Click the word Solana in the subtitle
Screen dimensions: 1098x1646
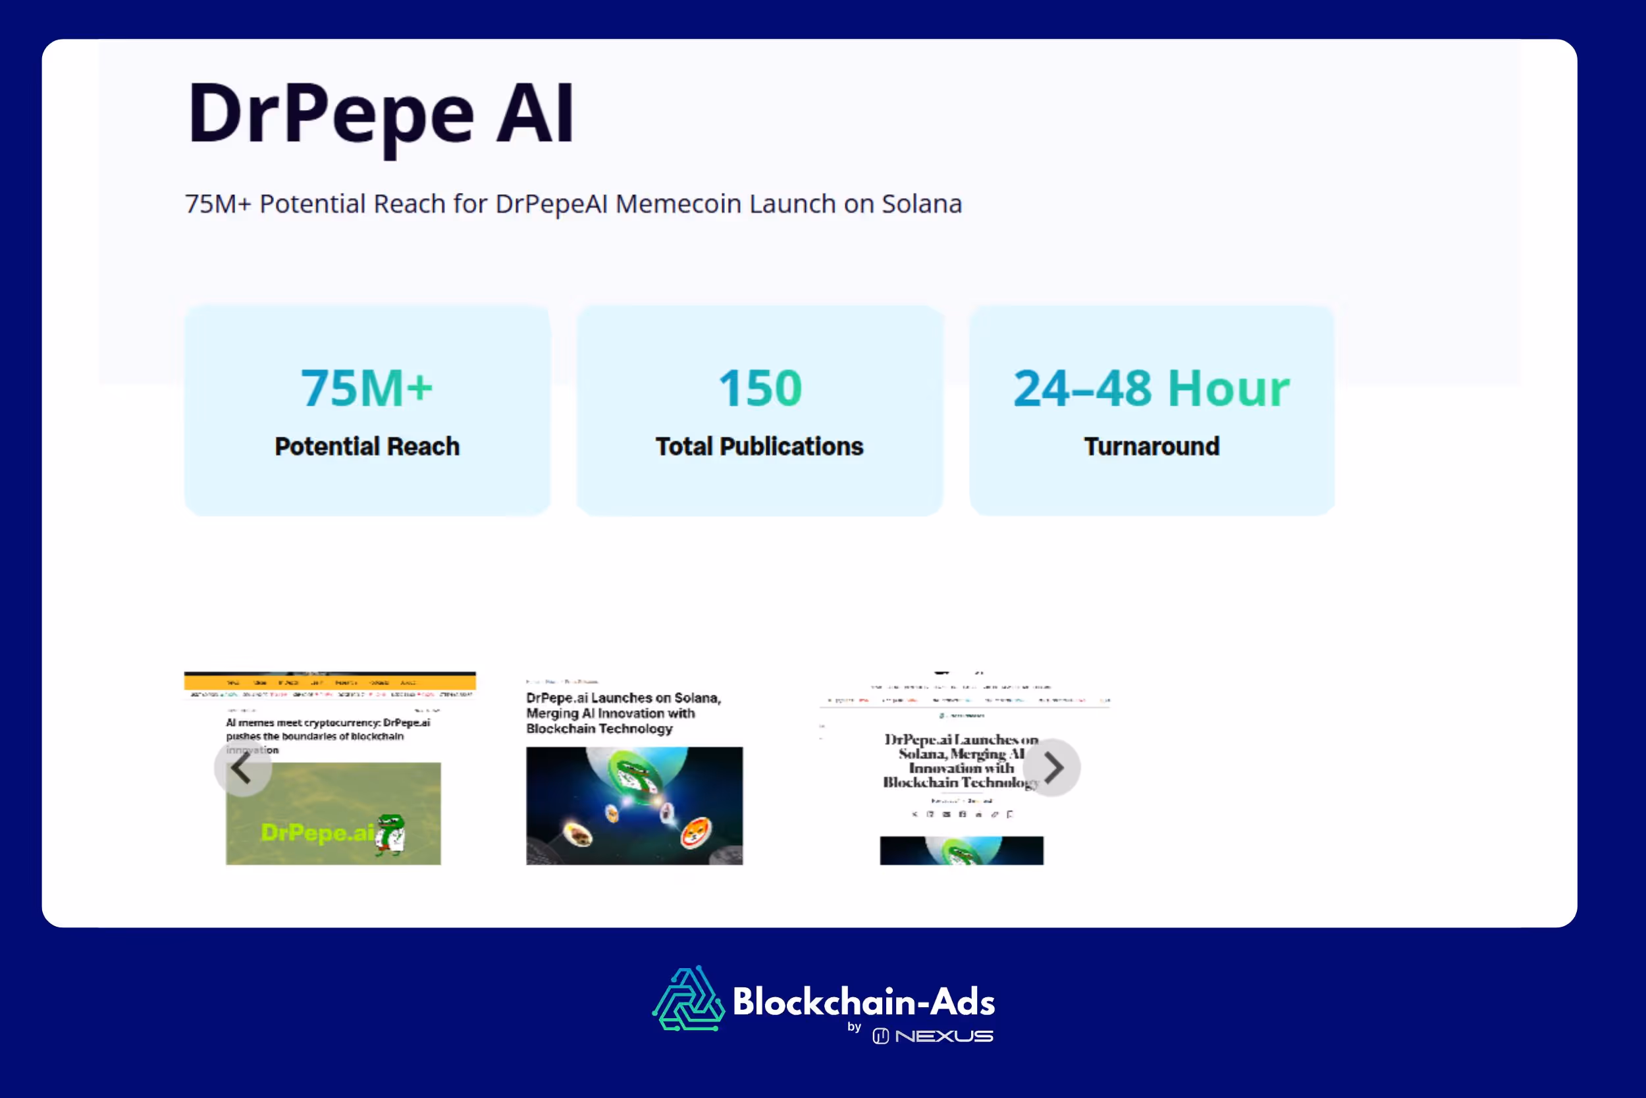[x=921, y=204]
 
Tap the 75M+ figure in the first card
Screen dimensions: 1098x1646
[x=367, y=388]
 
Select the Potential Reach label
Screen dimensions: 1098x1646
[x=367, y=446]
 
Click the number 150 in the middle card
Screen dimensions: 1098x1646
[x=759, y=388]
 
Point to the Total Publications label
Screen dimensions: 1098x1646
[x=759, y=446]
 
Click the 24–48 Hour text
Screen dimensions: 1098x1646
[x=1152, y=388]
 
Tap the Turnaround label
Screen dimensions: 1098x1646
[x=1152, y=446]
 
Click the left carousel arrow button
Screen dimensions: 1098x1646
[x=242, y=768]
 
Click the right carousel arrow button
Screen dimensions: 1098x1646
[x=1052, y=768]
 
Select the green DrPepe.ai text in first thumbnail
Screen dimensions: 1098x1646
[x=316, y=833]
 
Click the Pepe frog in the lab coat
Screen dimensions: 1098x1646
[x=390, y=834]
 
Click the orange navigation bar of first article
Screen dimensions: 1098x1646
[x=330, y=681]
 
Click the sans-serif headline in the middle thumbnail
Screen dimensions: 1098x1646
[x=623, y=713]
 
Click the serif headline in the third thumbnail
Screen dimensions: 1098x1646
[x=960, y=761]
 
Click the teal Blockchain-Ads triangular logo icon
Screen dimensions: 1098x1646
[x=689, y=1000]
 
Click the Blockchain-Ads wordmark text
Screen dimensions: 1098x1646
[x=864, y=1001]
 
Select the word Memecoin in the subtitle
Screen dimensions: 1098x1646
[x=677, y=204]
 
